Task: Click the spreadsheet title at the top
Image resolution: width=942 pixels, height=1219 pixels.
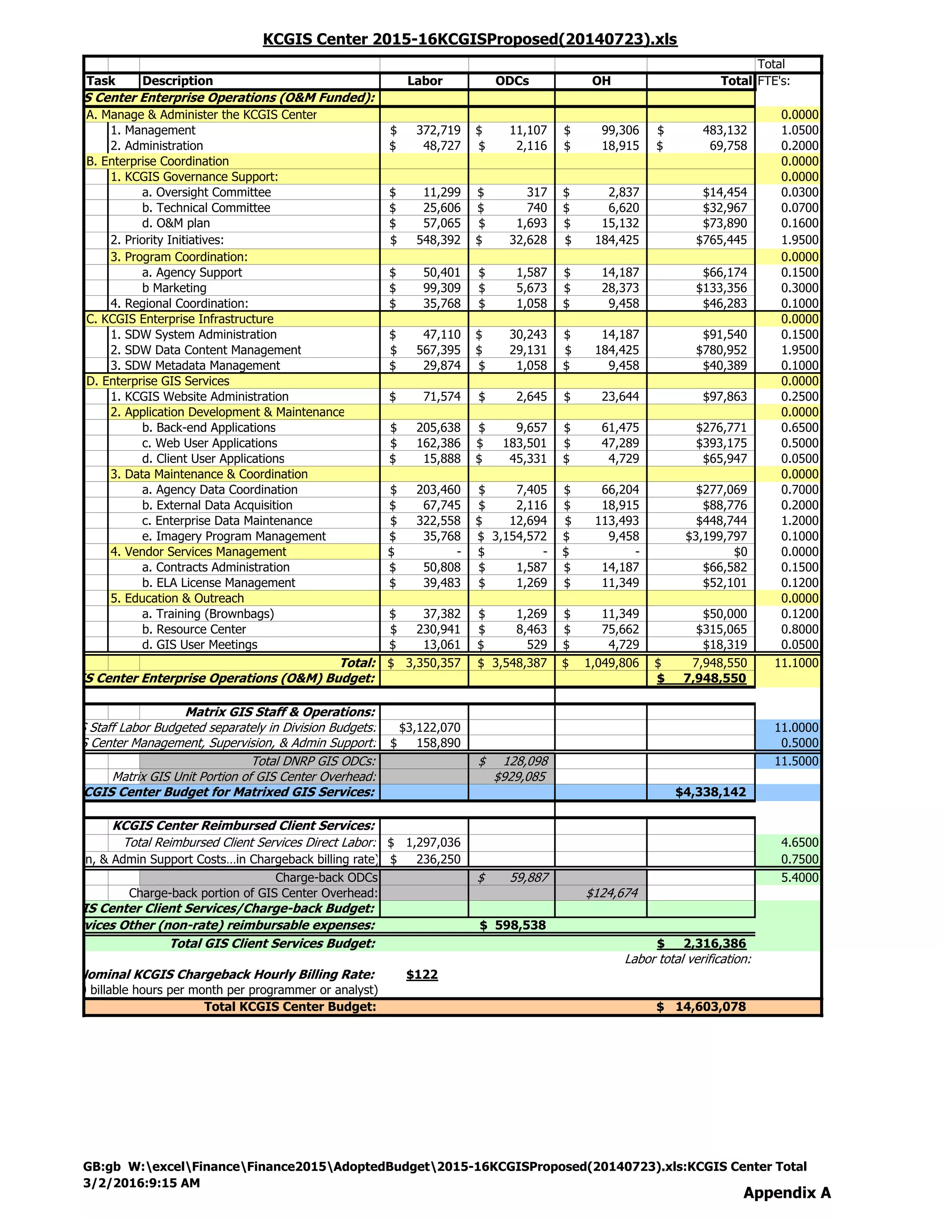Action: [x=470, y=39]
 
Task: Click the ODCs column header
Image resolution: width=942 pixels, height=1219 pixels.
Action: [x=512, y=81]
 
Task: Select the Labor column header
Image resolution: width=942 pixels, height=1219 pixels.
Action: [x=424, y=81]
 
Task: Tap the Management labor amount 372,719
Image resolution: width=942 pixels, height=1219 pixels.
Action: [x=438, y=131]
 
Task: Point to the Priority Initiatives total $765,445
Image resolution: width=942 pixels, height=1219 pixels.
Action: [x=721, y=240]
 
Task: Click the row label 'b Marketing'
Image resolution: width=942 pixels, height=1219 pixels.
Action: [x=174, y=288]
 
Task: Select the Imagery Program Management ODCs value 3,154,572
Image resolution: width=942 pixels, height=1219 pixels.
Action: [x=519, y=536]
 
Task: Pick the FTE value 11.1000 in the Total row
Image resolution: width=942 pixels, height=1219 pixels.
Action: [x=796, y=663]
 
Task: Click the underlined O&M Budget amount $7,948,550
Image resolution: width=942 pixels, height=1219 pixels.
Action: [x=714, y=678]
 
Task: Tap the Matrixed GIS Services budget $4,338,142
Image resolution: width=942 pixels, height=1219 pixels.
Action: [x=710, y=793]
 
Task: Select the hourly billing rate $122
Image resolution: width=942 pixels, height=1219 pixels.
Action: [x=422, y=975]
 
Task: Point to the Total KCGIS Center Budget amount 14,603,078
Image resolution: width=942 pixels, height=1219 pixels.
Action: [x=710, y=1007]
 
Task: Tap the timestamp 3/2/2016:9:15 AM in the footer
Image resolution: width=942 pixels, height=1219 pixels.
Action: [x=141, y=1183]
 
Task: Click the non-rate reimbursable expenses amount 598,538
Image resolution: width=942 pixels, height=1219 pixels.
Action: [x=520, y=926]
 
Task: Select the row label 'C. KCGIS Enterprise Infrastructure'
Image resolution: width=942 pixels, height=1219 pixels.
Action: [x=180, y=319]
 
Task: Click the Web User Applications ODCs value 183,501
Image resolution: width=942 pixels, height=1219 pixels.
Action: [x=524, y=443]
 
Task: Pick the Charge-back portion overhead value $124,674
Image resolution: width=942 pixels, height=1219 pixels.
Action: [x=612, y=893]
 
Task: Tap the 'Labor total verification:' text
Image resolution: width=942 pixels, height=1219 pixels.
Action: [x=688, y=959]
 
